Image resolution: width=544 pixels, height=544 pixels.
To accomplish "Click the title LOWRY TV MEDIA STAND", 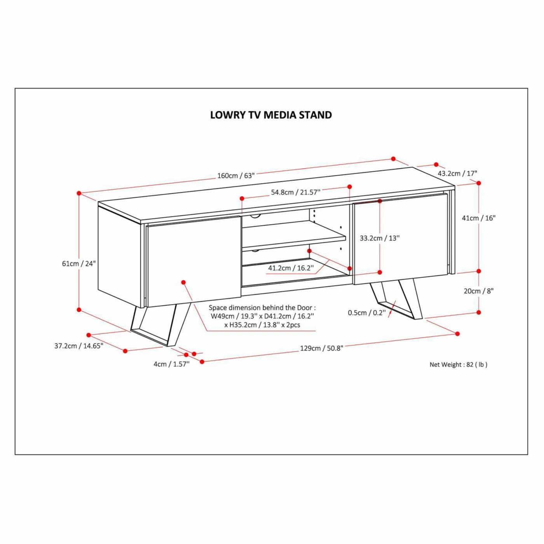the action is pyautogui.click(x=271, y=115).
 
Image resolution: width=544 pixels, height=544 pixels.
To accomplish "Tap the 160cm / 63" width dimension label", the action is pyautogui.click(x=236, y=176).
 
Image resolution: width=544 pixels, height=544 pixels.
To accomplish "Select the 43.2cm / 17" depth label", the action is pyautogui.click(x=457, y=173).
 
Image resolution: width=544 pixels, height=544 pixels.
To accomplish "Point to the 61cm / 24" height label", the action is pyautogui.click(x=79, y=263).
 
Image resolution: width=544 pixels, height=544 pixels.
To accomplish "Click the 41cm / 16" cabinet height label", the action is pyautogui.click(x=479, y=218).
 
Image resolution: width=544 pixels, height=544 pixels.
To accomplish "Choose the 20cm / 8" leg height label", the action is pyautogui.click(x=478, y=291).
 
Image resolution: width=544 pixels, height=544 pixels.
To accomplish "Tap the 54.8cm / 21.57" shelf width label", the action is pyautogui.click(x=296, y=192).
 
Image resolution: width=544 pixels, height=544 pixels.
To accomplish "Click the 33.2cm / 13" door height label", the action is pyautogui.click(x=380, y=238).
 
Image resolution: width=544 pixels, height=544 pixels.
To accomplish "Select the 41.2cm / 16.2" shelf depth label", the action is pyautogui.click(x=291, y=268).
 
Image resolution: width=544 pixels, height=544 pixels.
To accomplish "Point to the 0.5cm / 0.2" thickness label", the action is pyautogui.click(x=367, y=313).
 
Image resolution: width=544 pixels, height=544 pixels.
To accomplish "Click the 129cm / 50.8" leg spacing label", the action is pyautogui.click(x=321, y=348).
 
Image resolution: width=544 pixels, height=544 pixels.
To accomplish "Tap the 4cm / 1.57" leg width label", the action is pyautogui.click(x=171, y=364).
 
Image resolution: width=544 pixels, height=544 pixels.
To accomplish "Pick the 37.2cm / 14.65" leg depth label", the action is pyautogui.click(x=79, y=346).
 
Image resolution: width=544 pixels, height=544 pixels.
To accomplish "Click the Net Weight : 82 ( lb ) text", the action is pyautogui.click(x=459, y=364).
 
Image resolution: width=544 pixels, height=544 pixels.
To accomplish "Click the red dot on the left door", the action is pyautogui.click(x=183, y=282).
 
